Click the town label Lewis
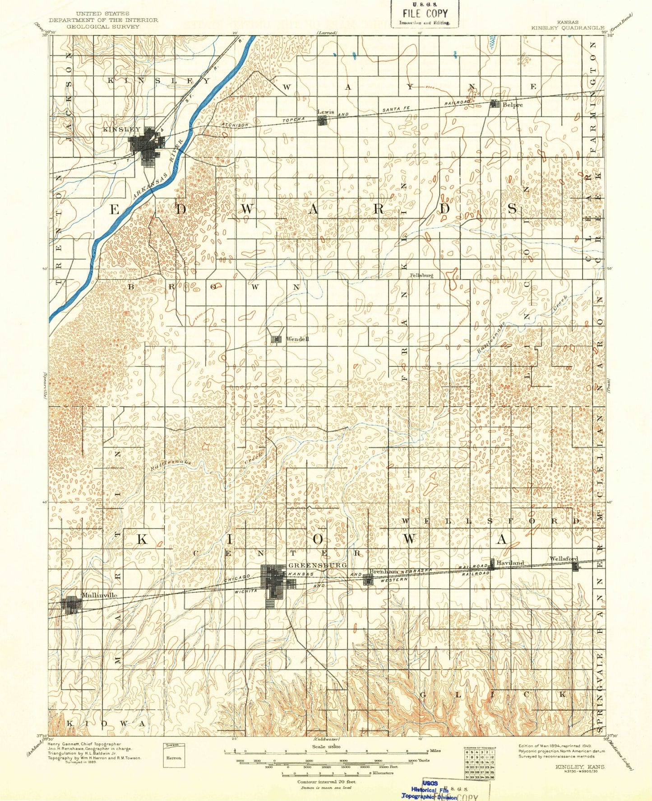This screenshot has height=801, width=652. click(x=325, y=112)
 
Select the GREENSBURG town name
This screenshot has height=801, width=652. click(x=317, y=565)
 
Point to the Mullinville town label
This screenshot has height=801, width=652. click(x=99, y=595)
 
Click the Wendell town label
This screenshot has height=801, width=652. click(x=297, y=339)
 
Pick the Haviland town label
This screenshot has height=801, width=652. click(x=510, y=562)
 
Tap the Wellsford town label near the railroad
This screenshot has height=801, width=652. click(x=563, y=559)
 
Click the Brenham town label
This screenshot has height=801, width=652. click(x=384, y=571)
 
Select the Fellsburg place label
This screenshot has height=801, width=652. click(x=421, y=275)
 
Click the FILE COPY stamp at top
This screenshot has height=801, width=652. click(x=425, y=14)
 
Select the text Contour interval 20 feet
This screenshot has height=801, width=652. click(x=326, y=782)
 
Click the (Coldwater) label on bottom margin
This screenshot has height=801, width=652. click(x=326, y=739)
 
